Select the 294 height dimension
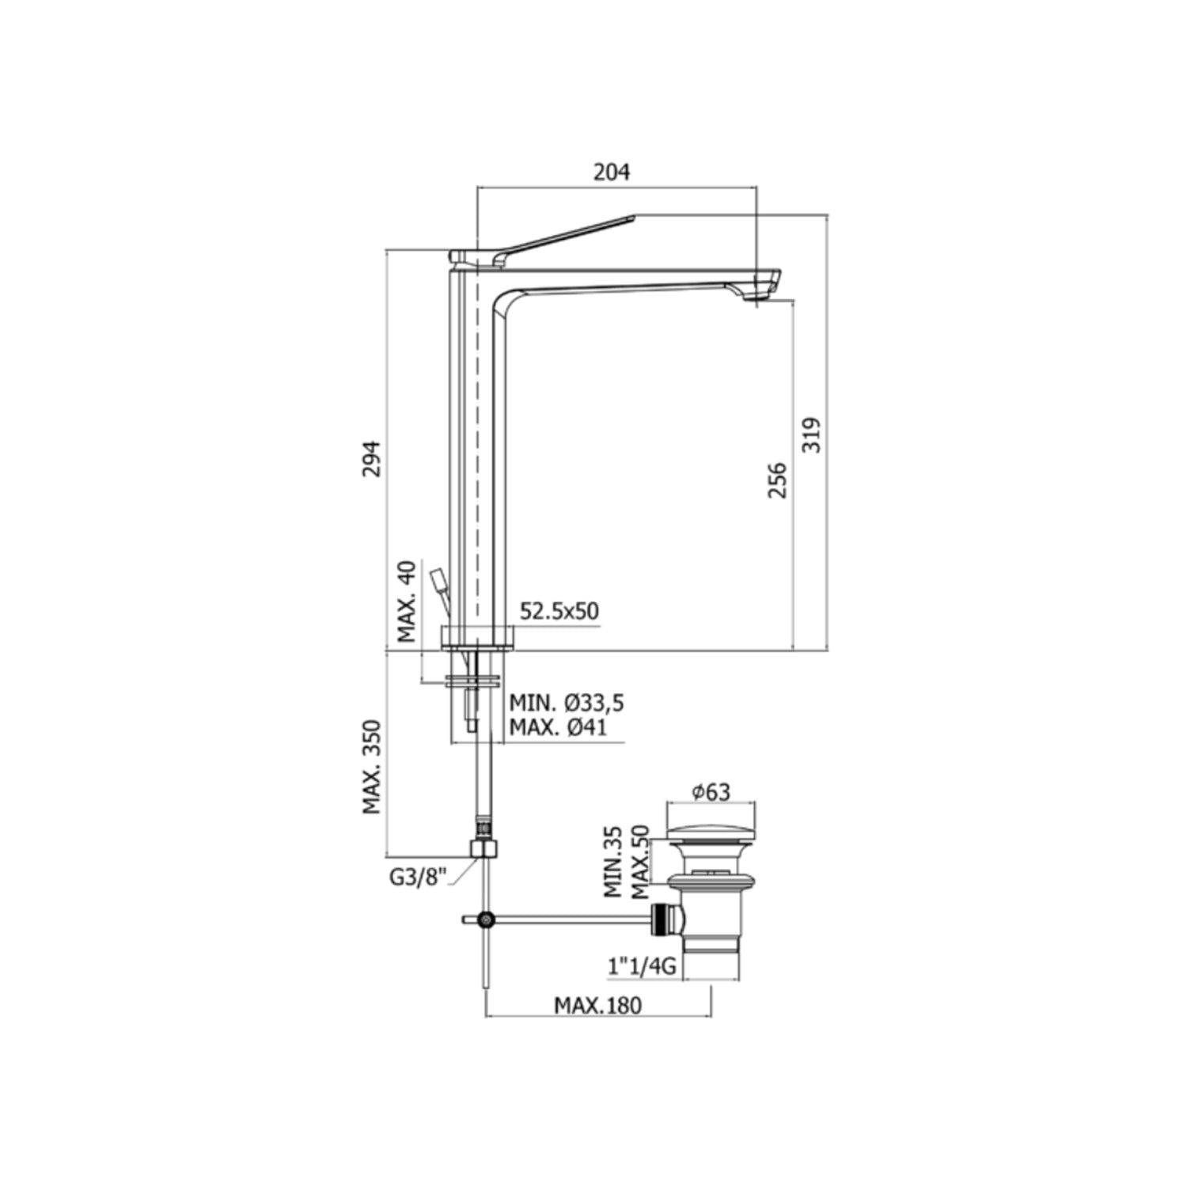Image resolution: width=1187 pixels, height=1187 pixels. coord(371,458)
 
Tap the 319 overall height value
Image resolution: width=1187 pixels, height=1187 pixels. coord(812,434)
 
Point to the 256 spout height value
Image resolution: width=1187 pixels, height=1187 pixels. coord(778,480)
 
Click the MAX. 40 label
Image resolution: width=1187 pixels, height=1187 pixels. coord(407,601)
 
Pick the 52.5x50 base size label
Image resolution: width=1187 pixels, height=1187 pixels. coord(559,611)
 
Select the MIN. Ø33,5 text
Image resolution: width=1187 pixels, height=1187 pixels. coord(566,703)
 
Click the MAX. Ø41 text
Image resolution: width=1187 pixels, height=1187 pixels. coord(558,727)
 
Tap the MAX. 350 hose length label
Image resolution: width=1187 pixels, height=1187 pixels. coord(372,767)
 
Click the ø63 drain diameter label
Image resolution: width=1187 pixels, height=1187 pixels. coord(711,791)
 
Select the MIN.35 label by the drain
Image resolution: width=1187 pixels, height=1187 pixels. coord(613,862)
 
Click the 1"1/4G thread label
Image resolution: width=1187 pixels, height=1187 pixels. coord(642,965)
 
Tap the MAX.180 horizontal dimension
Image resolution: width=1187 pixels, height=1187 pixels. coord(597,1005)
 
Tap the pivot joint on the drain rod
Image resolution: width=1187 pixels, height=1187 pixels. coord(487,919)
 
